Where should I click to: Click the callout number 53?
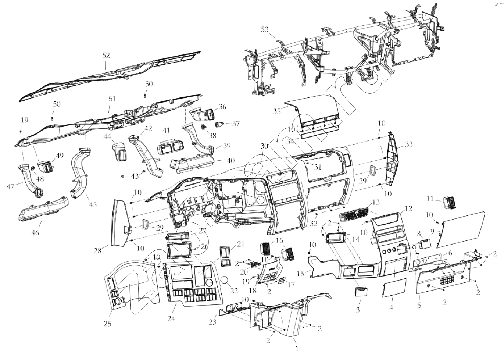[265, 29]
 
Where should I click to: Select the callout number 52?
[106, 55]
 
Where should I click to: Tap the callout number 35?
[277, 111]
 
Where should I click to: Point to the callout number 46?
[36, 233]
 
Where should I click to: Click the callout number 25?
[107, 324]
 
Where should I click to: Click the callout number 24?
[171, 318]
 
